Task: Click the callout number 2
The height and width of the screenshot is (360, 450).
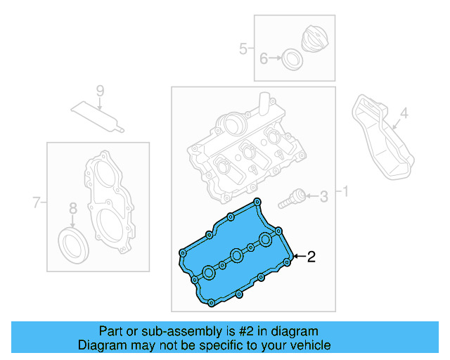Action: [311, 257]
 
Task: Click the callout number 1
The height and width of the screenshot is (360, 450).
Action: [345, 191]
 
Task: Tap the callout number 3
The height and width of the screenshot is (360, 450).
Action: [323, 197]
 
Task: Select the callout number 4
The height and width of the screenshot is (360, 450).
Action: [404, 112]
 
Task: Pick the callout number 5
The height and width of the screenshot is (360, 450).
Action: [243, 49]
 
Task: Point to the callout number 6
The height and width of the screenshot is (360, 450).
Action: [264, 59]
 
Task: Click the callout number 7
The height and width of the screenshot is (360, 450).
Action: [37, 204]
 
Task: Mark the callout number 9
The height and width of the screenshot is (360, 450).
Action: [99, 90]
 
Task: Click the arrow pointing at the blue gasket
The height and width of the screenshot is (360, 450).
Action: [298, 257]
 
